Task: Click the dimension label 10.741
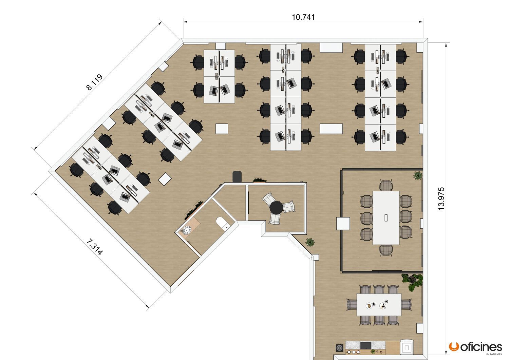tap(303, 17)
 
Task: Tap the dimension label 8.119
tap(95, 82)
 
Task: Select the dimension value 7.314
tap(95, 247)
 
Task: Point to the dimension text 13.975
tap(441, 198)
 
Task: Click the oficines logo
tap(475, 348)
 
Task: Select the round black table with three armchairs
tap(276, 208)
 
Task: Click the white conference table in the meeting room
tap(386, 218)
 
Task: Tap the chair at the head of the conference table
tap(386, 185)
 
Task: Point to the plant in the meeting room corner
tap(418, 175)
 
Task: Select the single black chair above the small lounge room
tap(237, 176)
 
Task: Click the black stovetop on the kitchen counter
tap(366, 345)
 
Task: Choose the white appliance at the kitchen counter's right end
tap(407, 347)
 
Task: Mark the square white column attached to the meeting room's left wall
tap(343, 224)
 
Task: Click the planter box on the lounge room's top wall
tap(260, 180)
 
